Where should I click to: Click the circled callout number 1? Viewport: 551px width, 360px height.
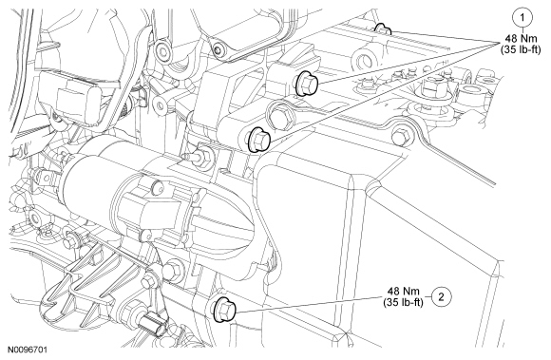coord(522,17)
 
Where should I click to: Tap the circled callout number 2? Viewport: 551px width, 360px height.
coord(441,296)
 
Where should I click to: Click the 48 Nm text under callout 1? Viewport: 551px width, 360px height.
coord(522,38)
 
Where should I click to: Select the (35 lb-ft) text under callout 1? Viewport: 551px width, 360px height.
coord(521,49)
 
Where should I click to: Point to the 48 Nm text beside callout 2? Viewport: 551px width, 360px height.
coord(404,291)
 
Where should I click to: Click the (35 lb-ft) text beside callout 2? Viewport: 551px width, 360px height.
coord(404,302)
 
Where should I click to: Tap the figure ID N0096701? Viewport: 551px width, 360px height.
coord(28,350)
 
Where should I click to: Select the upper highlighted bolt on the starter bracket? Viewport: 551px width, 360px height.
coord(307,85)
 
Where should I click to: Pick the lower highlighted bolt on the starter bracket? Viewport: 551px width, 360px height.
coord(259,140)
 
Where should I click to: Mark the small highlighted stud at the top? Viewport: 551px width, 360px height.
coord(383,29)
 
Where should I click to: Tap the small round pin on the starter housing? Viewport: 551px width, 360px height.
coord(158,186)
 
